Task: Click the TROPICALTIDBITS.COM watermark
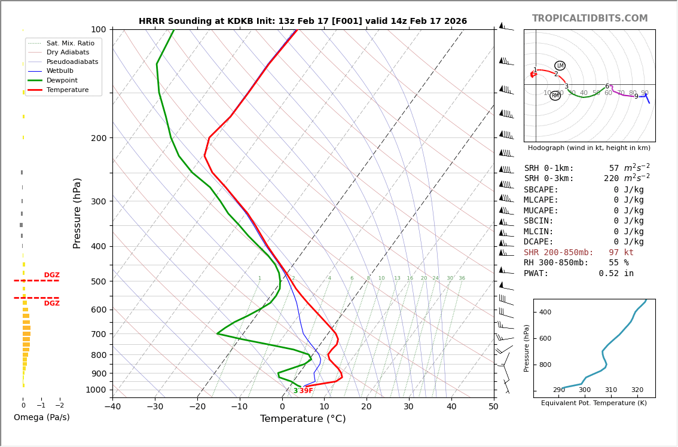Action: [590, 19]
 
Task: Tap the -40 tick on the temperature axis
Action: [112, 407]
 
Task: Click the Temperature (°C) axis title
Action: [303, 419]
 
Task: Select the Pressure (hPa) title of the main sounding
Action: [77, 213]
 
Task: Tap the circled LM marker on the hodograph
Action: [560, 66]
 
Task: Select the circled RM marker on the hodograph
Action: [555, 96]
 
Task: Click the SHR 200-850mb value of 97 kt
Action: [621, 253]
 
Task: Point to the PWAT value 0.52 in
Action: [616, 274]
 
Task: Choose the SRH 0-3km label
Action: [548, 179]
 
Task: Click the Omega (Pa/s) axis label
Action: [41, 417]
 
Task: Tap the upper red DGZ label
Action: [51, 275]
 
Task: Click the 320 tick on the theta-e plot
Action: [637, 390]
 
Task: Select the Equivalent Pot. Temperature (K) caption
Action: [594, 403]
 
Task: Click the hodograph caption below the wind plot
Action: [589, 148]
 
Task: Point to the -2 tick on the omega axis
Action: [59, 406]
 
